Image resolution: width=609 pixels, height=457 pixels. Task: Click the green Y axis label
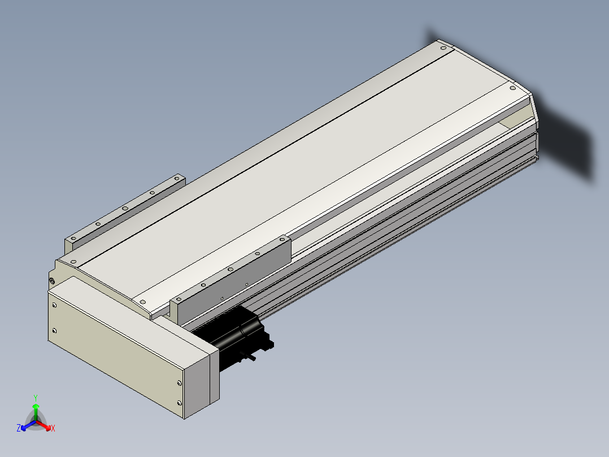pos(36,398)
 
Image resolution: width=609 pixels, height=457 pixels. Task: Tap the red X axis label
pos(53,428)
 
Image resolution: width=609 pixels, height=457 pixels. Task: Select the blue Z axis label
pos(19,428)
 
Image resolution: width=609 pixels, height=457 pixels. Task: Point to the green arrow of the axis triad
pos(36,412)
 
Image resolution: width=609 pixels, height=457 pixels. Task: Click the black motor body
pos(233,337)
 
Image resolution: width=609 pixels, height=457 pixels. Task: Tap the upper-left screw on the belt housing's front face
pos(54,305)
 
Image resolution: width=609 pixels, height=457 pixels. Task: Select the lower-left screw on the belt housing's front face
pos(54,331)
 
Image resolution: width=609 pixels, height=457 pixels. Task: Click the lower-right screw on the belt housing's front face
pos(179,403)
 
